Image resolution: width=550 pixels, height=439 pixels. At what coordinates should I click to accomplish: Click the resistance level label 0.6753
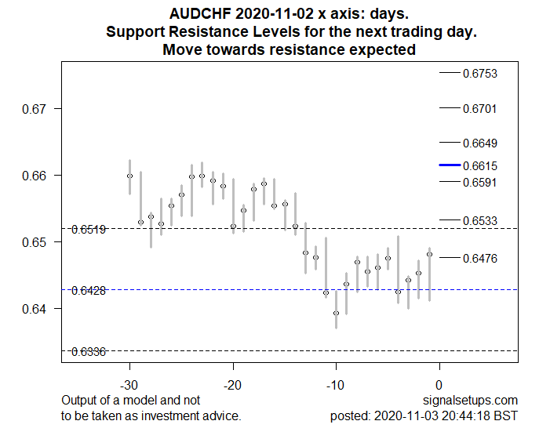pyautogui.click(x=479, y=74)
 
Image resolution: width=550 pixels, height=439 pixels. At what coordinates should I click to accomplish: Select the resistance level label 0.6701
pyautogui.click(x=479, y=108)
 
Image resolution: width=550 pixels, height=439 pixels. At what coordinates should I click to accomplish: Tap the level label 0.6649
pyautogui.click(x=479, y=143)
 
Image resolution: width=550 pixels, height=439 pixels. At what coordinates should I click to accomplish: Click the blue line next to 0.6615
pyautogui.click(x=449, y=165)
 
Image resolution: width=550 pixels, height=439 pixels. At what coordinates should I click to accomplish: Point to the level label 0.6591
pyautogui.click(x=479, y=182)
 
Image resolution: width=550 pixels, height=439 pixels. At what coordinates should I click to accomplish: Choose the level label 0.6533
pyautogui.click(x=479, y=221)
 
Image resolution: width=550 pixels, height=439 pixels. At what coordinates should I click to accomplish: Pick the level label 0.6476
pyautogui.click(x=479, y=258)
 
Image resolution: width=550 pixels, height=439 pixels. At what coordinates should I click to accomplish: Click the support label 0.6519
pyautogui.click(x=89, y=230)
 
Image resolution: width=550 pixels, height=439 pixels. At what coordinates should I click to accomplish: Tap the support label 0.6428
pyautogui.click(x=89, y=291)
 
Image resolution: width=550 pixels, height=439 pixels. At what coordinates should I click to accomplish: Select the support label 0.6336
pyautogui.click(x=89, y=352)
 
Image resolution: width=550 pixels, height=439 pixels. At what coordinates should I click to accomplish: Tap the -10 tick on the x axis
pyautogui.click(x=336, y=385)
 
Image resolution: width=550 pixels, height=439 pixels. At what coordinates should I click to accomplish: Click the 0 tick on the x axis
pyautogui.click(x=439, y=385)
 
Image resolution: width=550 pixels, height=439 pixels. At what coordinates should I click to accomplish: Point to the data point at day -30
pyautogui.click(x=130, y=176)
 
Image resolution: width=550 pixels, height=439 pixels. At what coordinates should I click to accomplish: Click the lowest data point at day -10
pyautogui.click(x=336, y=313)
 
